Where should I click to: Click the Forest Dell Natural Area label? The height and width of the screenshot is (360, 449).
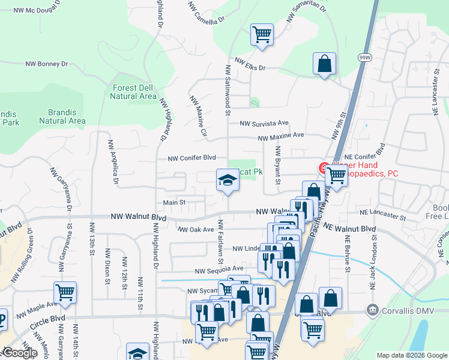[134, 92]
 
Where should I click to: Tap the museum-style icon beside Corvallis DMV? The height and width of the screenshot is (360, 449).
[373, 310]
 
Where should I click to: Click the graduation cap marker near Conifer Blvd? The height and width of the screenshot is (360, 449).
[228, 179]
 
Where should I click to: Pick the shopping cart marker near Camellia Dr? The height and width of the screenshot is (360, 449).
[262, 34]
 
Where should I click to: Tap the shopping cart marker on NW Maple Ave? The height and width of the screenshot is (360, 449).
[65, 293]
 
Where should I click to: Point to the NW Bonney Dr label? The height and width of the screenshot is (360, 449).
[47, 64]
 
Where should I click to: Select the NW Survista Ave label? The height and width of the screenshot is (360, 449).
[264, 124]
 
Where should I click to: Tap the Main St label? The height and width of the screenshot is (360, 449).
[175, 203]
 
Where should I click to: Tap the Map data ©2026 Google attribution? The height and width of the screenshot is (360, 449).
[411, 355]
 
